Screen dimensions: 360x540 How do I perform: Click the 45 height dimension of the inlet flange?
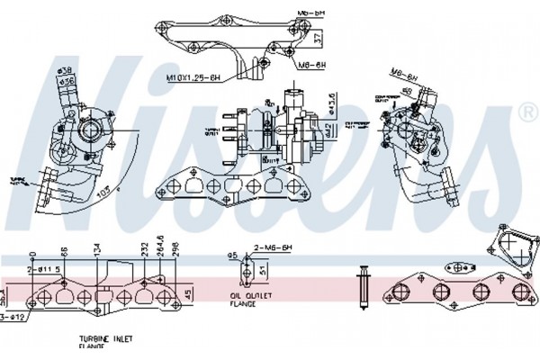(188, 294)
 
